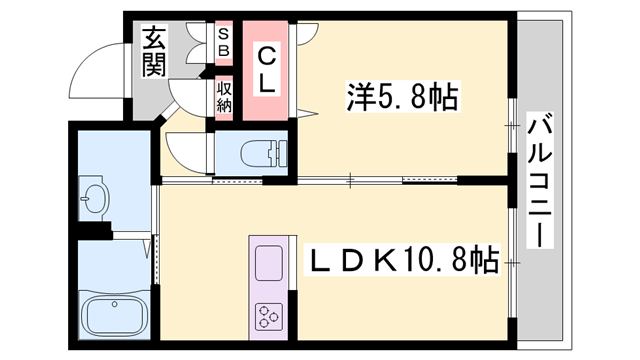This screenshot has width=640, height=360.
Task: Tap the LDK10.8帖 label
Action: [403, 262]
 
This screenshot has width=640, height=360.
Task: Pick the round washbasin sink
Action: [96, 199]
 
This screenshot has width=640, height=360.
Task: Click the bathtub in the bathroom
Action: [113, 319]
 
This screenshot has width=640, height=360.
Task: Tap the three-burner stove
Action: [269, 317]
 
